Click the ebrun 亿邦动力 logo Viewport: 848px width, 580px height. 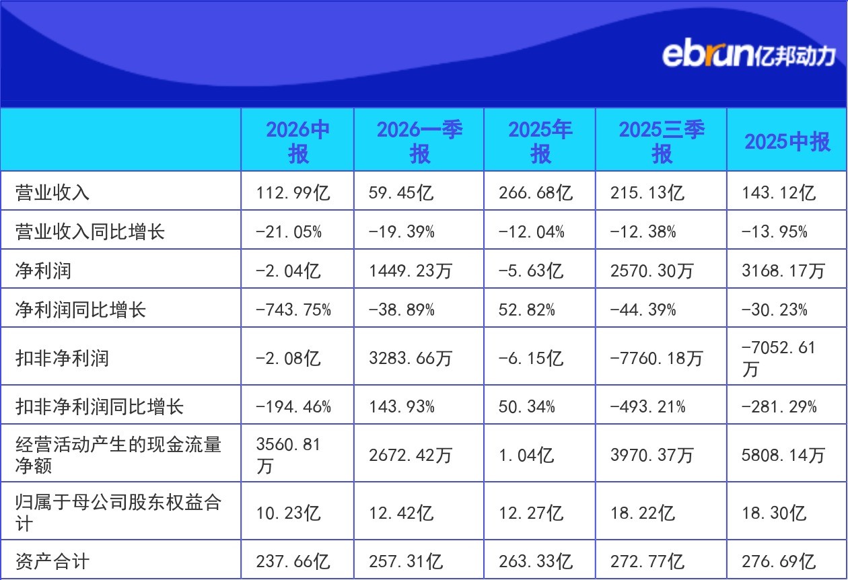[748, 56]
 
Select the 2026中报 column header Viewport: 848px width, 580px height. [298, 141]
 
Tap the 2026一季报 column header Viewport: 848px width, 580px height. [419, 141]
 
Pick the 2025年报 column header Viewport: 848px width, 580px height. [540, 141]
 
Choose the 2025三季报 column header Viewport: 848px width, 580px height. [662, 141]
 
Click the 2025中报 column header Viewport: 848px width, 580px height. [787, 141]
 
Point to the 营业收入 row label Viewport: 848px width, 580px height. [52, 192]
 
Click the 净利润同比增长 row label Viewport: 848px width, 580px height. [81, 310]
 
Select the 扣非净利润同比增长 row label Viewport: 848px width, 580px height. [99, 406]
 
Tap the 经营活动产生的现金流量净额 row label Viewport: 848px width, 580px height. [118, 455]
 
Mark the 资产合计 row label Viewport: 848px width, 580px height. [52, 561]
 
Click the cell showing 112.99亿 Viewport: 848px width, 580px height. [293, 192]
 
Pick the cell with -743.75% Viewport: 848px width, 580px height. [293, 310]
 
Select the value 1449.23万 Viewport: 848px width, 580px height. [411, 270]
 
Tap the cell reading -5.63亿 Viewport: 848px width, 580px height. [531, 270]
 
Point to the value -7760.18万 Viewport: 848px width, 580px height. [656, 358]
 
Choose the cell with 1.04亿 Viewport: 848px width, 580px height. [526, 455]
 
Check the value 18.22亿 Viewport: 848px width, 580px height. [643, 513]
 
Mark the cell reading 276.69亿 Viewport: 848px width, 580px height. [778, 561]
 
